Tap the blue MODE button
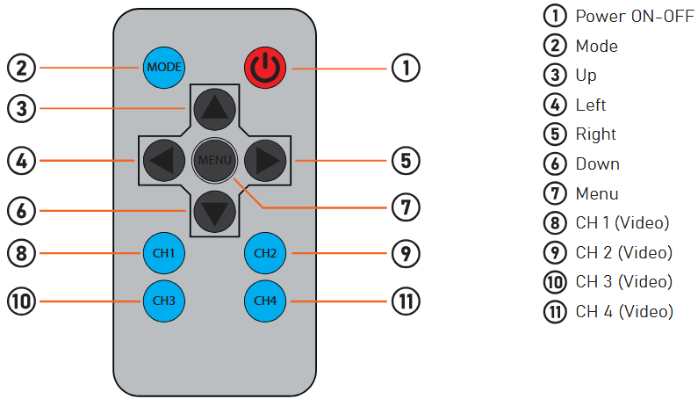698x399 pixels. (x=163, y=67)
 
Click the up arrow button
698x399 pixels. (x=213, y=109)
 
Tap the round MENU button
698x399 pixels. (x=213, y=160)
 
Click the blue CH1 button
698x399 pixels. (x=163, y=253)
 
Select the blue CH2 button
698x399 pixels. (x=265, y=253)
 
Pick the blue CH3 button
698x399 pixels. (x=163, y=301)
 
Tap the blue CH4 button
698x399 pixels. (x=265, y=301)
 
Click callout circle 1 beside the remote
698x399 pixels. (x=406, y=67)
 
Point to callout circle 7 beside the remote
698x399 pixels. (x=406, y=208)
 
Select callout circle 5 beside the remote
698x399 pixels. (x=406, y=161)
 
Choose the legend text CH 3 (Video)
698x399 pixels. (x=623, y=282)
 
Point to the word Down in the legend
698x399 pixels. (x=597, y=163)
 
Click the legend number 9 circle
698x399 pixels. (x=554, y=253)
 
